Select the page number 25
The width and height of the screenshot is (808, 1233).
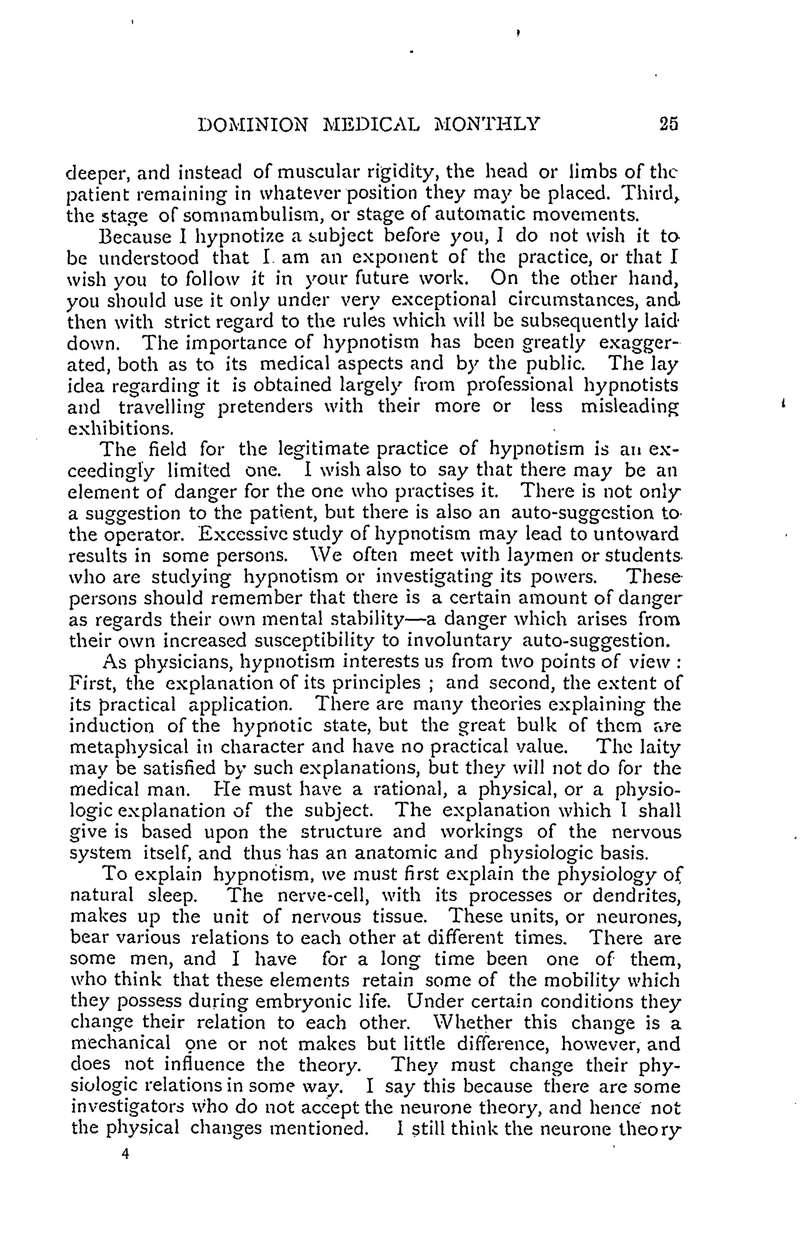tap(669, 125)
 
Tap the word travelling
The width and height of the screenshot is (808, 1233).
tap(161, 407)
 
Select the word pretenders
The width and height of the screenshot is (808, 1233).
tap(265, 407)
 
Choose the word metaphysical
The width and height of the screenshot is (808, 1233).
tap(130, 747)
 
